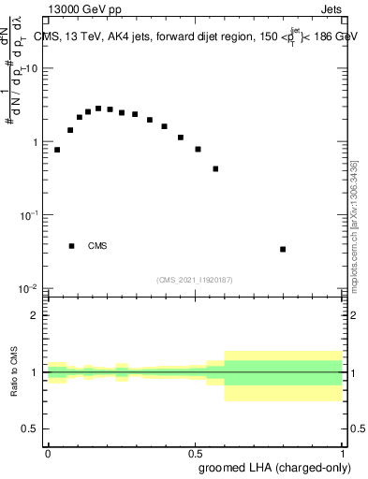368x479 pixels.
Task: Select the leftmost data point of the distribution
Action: (x=57, y=150)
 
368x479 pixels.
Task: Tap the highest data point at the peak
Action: (x=98, y=109)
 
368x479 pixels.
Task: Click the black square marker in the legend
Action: (x=71, y=246)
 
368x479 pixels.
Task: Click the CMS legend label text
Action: (x=97, y=246)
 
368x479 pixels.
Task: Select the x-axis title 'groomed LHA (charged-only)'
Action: (x=271, y=466)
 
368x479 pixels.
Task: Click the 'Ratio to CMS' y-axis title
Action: (x=14, y=372)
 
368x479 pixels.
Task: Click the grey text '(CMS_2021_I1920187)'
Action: (x=195, y=279)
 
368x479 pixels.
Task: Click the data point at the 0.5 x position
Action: (x=198, y=149)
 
